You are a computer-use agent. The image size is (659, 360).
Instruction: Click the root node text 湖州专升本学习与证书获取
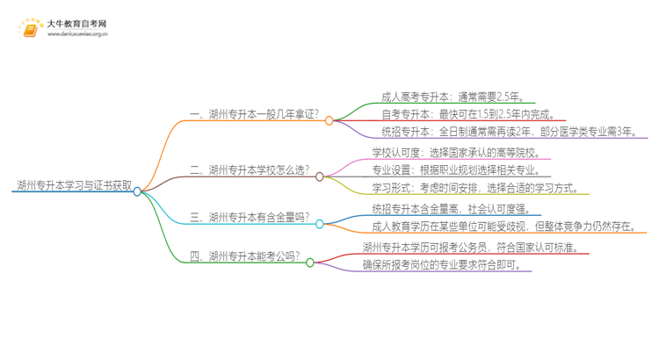(74, 186)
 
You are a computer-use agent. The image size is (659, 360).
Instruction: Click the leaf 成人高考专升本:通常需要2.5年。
(453, 97)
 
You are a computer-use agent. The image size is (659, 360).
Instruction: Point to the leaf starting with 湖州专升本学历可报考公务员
(469, 247)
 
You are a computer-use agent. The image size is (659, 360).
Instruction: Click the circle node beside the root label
(138, 191)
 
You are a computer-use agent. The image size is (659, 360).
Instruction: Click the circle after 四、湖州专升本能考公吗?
(309, 262)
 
